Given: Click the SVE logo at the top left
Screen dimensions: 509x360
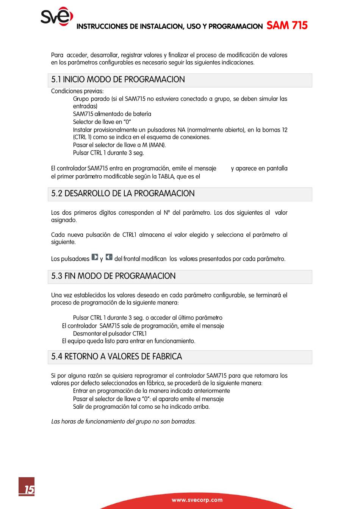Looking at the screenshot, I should (x=56, y=17).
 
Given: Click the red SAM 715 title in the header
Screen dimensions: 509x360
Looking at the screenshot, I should (x=287, y=25).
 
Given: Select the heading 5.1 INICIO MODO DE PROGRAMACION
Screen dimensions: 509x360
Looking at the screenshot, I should (x=118, y=80).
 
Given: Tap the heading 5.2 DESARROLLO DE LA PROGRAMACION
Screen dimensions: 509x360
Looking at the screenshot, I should (x=123, y=194).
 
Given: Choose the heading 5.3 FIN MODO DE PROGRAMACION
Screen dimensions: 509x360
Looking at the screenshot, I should (x=114, y=276).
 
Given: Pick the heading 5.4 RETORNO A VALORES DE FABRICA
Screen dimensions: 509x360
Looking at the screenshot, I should (x=117, y=357).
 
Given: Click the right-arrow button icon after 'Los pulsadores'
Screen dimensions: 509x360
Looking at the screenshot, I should (x=95, y=257).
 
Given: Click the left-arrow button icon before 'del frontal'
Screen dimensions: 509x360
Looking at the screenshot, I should (x=109, y=257).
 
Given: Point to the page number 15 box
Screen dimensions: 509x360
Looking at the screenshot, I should (x=27, y=487).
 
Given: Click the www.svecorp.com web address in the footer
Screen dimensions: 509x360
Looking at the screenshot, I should (x=197, y=500).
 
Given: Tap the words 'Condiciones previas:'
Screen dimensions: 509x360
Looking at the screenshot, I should (x=77, y=91).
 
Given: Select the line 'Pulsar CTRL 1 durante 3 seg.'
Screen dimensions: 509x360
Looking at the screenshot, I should (x=108, y=153).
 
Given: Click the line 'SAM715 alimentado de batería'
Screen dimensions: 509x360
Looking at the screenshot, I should (x=112, y=114).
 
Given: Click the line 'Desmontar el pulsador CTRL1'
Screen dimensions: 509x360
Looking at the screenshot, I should (x=110, y=334).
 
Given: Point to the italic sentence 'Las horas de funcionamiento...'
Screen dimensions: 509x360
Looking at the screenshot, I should (x=124, y=422).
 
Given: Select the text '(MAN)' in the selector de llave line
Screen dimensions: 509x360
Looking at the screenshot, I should (x=157, y=145).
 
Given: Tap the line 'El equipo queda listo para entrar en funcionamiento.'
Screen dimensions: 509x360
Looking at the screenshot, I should (x=129, y=341).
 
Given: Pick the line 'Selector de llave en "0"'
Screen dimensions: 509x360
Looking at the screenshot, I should (x=102, y=122).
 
